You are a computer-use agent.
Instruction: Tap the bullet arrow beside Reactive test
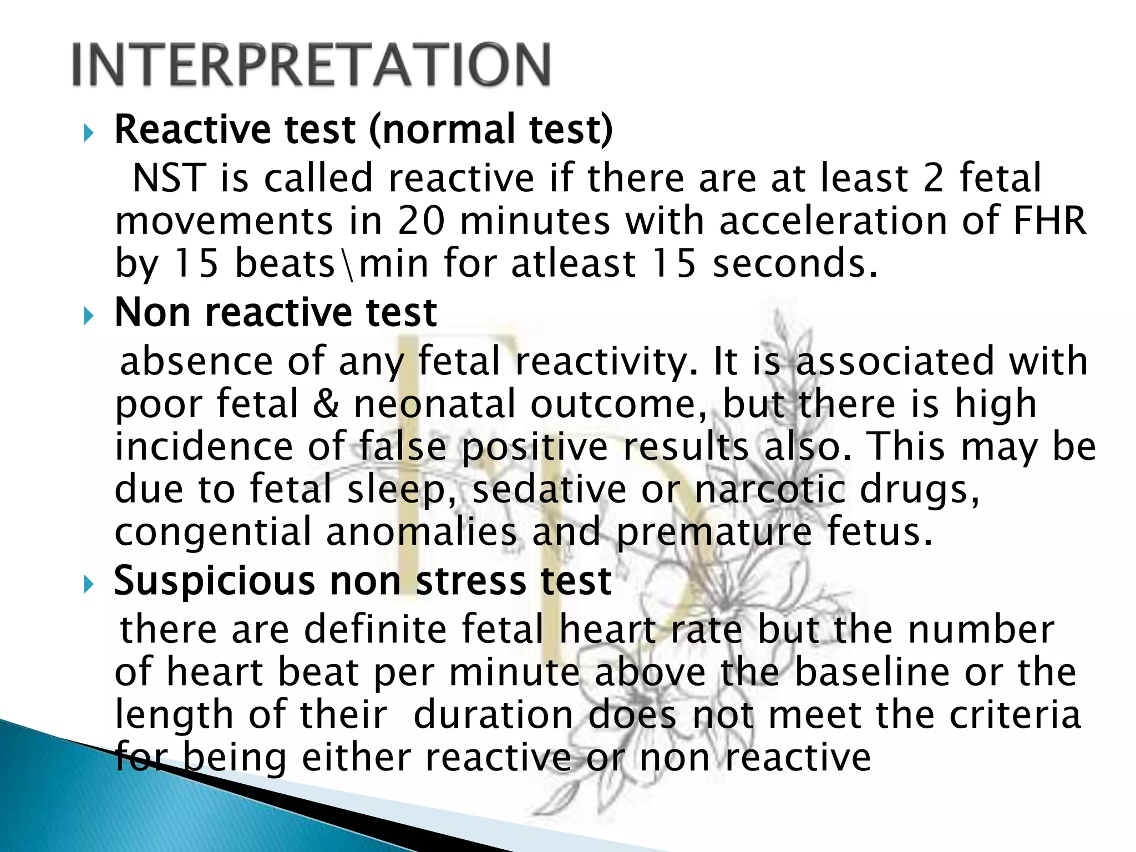tap(88, 133)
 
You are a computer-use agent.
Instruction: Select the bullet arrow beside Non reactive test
tap(88, 317)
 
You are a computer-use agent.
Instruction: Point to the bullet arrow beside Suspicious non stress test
tap(88, 585)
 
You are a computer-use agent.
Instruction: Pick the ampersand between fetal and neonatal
tap(326, 403)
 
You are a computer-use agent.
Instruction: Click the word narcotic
tap(770, 489)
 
